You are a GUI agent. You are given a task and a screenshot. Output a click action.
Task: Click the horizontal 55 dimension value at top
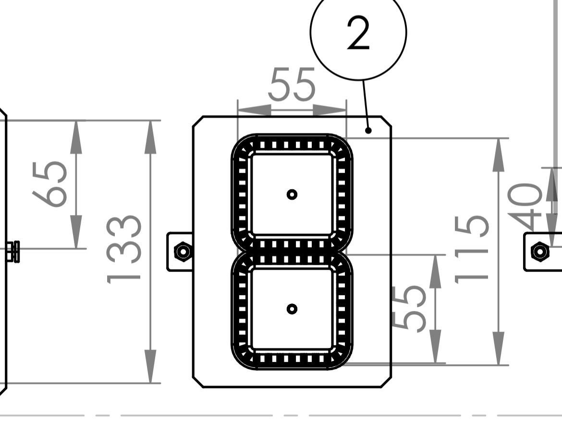click(x=292, y=85)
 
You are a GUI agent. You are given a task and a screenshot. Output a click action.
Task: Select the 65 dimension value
click(x=50, y=184)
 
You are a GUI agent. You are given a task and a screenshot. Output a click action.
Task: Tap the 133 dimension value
click(x=124, y=249)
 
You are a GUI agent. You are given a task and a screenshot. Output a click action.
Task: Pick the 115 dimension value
click(x=472, y=248)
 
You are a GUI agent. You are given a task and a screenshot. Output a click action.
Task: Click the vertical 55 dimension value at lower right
click(x=409, y=308)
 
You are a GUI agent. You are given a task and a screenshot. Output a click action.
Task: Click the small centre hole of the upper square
click(x=292, y=194)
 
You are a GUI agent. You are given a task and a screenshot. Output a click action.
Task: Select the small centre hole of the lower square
click(x=292, y=309)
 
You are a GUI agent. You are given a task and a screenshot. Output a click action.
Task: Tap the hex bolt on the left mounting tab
click(x=183, y=251)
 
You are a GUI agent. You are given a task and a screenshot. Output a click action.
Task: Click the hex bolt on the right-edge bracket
click(x=540, y=251)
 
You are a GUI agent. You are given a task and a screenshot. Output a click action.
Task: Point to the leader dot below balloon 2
click(x=369, y=130)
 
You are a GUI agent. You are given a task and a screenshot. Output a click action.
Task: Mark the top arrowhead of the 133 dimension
click(x=150, y=136)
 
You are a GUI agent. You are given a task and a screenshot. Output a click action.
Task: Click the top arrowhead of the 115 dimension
click(x=499, y=155)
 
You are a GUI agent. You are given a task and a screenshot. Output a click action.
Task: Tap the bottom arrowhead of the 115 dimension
click(x=499, y=348)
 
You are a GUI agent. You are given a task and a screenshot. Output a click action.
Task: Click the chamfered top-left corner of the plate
click(x=197, y=121)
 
